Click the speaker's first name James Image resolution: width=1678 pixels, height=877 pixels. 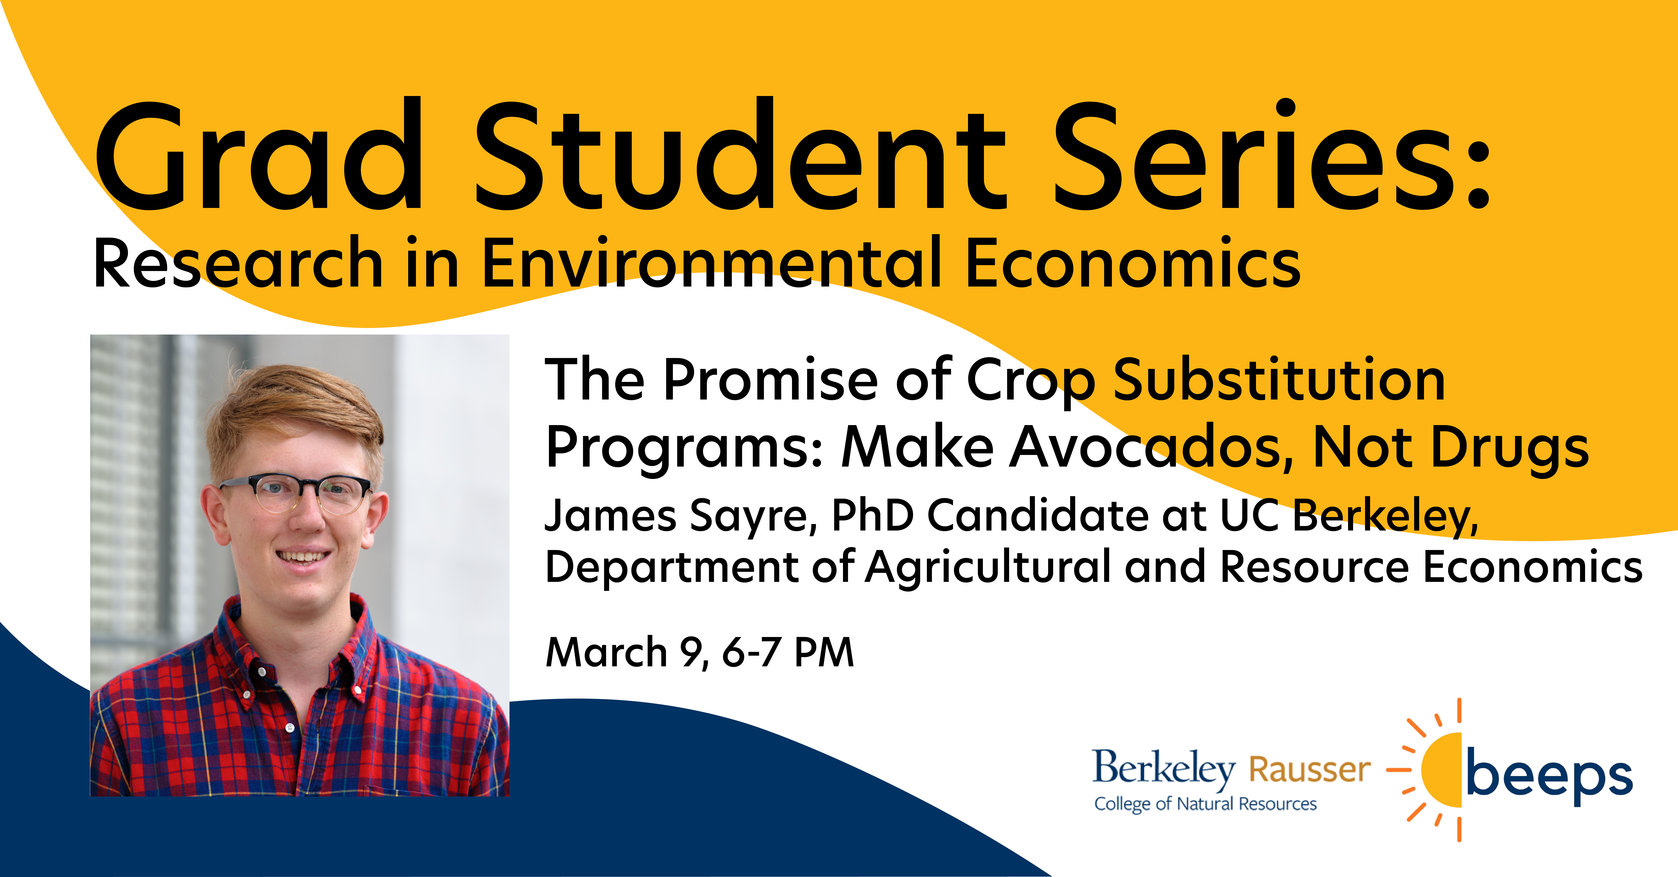[x=611, y=516]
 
